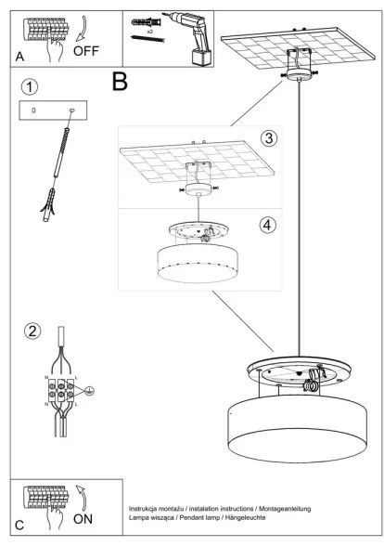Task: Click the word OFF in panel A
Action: (x=85, y=51)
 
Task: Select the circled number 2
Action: (x=32, y=331)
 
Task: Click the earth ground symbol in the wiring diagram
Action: (x=91, y=393)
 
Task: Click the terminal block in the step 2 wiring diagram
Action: (x=62, y=392)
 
